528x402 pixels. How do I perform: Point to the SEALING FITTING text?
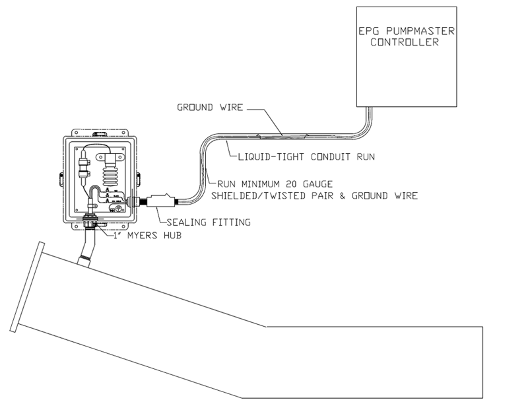[x=205, y=223]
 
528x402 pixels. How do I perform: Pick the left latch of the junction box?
[x=59, y=178]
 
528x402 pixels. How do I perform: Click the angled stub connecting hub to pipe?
[x=84, y=251]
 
